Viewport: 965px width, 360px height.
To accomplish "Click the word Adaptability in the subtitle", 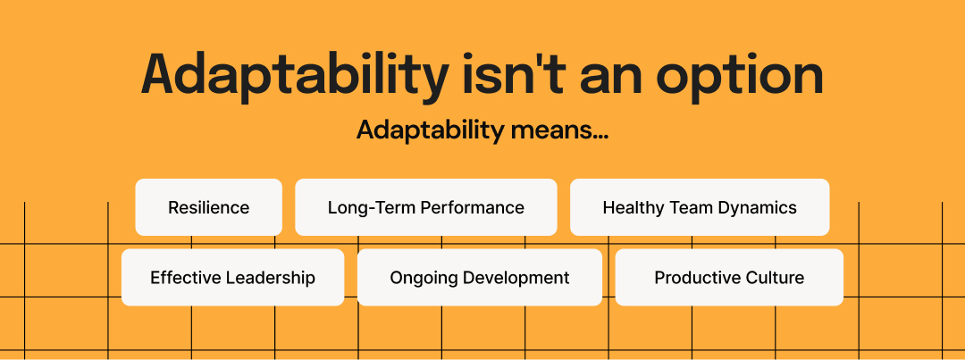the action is click(430, 130).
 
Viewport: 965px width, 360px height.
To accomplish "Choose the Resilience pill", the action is click(208, 207).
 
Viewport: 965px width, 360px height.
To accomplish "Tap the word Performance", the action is click(469, 208).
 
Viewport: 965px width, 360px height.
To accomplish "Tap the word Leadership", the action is click(271, 279).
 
